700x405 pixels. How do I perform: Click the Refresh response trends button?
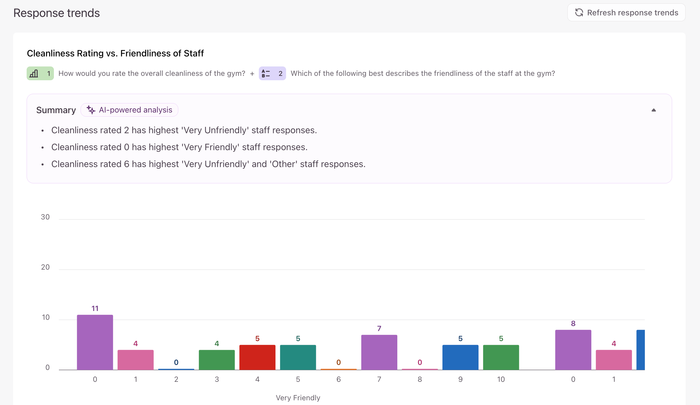[x=626, y=13]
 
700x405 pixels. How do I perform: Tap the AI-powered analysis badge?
[x=129, y=110]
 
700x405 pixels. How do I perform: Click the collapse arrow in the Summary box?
[x=654, y=110]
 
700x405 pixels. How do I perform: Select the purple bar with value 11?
[x=95, y=342]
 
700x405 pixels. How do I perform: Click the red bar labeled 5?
[x=257, y=357]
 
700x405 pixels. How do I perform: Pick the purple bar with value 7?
[x=379, y=352]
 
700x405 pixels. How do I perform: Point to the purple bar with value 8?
[x=573, y=350]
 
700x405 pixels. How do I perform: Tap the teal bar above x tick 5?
[x=298, y=357]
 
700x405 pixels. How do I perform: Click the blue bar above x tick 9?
[x=460, y=357]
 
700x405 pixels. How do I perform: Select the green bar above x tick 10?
[x=501, y=357]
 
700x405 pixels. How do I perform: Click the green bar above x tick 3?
[x=217, y=360]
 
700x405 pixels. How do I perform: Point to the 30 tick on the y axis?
[x=45, y=217]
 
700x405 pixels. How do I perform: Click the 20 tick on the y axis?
[x=45, y=267]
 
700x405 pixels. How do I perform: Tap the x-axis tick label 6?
[x=339, y=379]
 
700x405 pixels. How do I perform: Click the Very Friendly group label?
[x=298, y=398]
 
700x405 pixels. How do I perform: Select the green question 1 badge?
[x=40, y=73]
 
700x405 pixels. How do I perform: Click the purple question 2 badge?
[x=272, y=73]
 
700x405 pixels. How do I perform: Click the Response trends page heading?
[x=56, y=13]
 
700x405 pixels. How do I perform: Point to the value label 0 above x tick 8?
[x=420, y=362]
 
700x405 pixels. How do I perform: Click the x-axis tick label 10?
[x=501, y=379]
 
